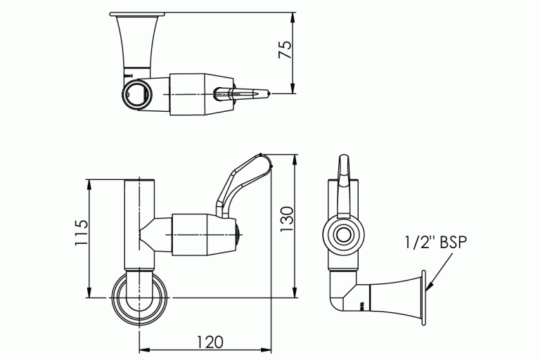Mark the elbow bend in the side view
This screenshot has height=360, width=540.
[x=340, y=299]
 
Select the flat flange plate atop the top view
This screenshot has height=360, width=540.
[x=138, y=14]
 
